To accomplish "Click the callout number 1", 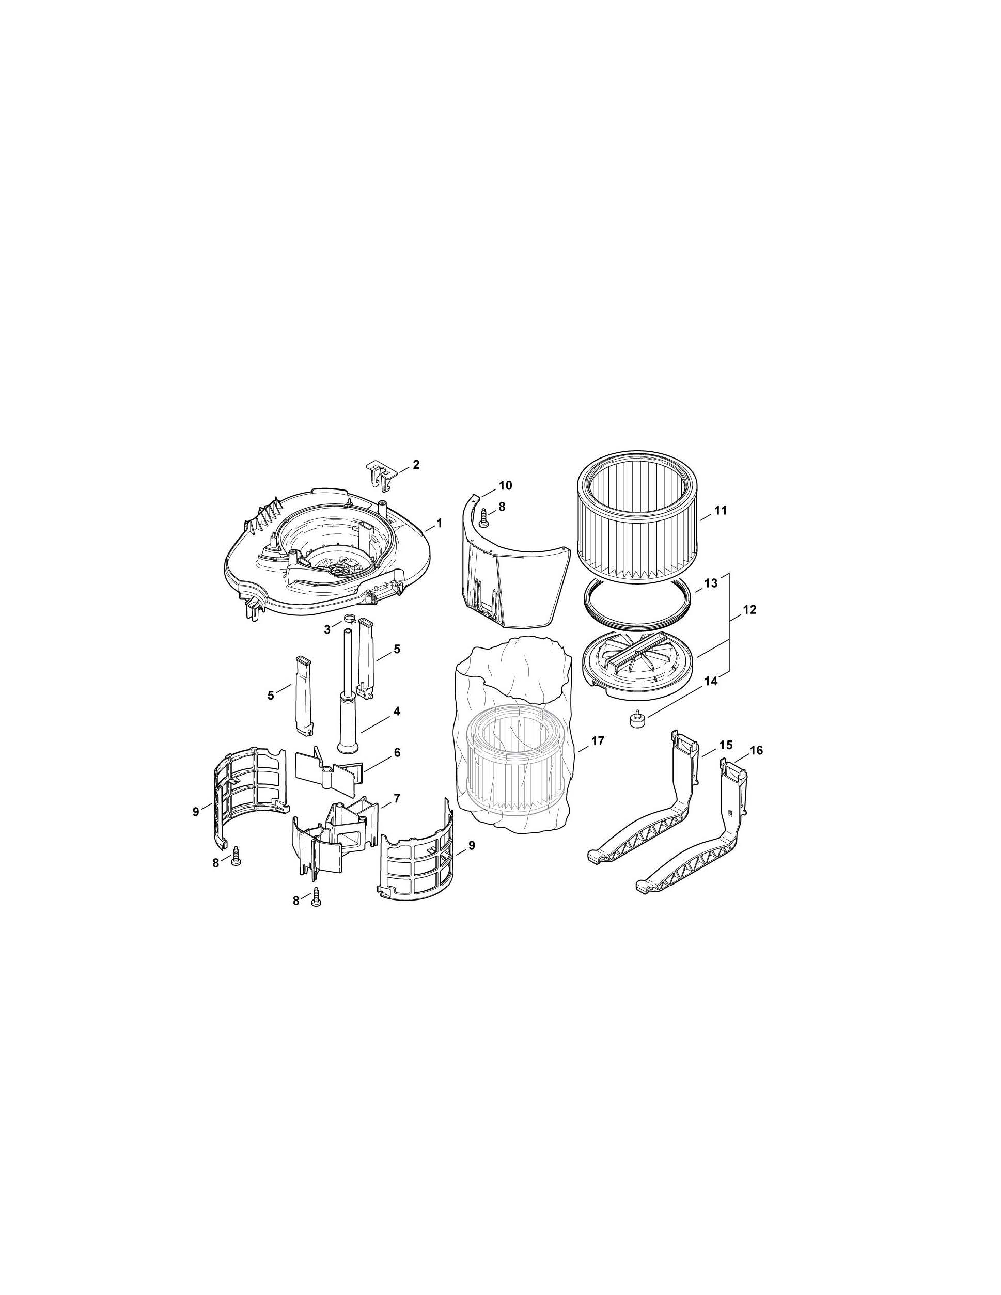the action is (439, 524).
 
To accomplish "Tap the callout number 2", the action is (416, 464).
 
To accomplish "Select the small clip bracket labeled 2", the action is (381, 475).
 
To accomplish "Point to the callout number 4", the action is (397, 710).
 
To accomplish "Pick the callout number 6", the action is (397, 752).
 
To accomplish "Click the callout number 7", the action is (397, 798).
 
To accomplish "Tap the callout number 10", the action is (505, 485).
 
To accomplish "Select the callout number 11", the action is (720, 511).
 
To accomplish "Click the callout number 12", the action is (749, 610).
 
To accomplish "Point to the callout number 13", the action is (711, 583).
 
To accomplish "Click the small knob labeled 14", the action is (637, 720).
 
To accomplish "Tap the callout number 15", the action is (726, 745).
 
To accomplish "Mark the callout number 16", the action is (756, 751).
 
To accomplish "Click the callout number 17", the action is (597, 740).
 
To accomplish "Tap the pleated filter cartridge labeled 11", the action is (638, 519).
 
